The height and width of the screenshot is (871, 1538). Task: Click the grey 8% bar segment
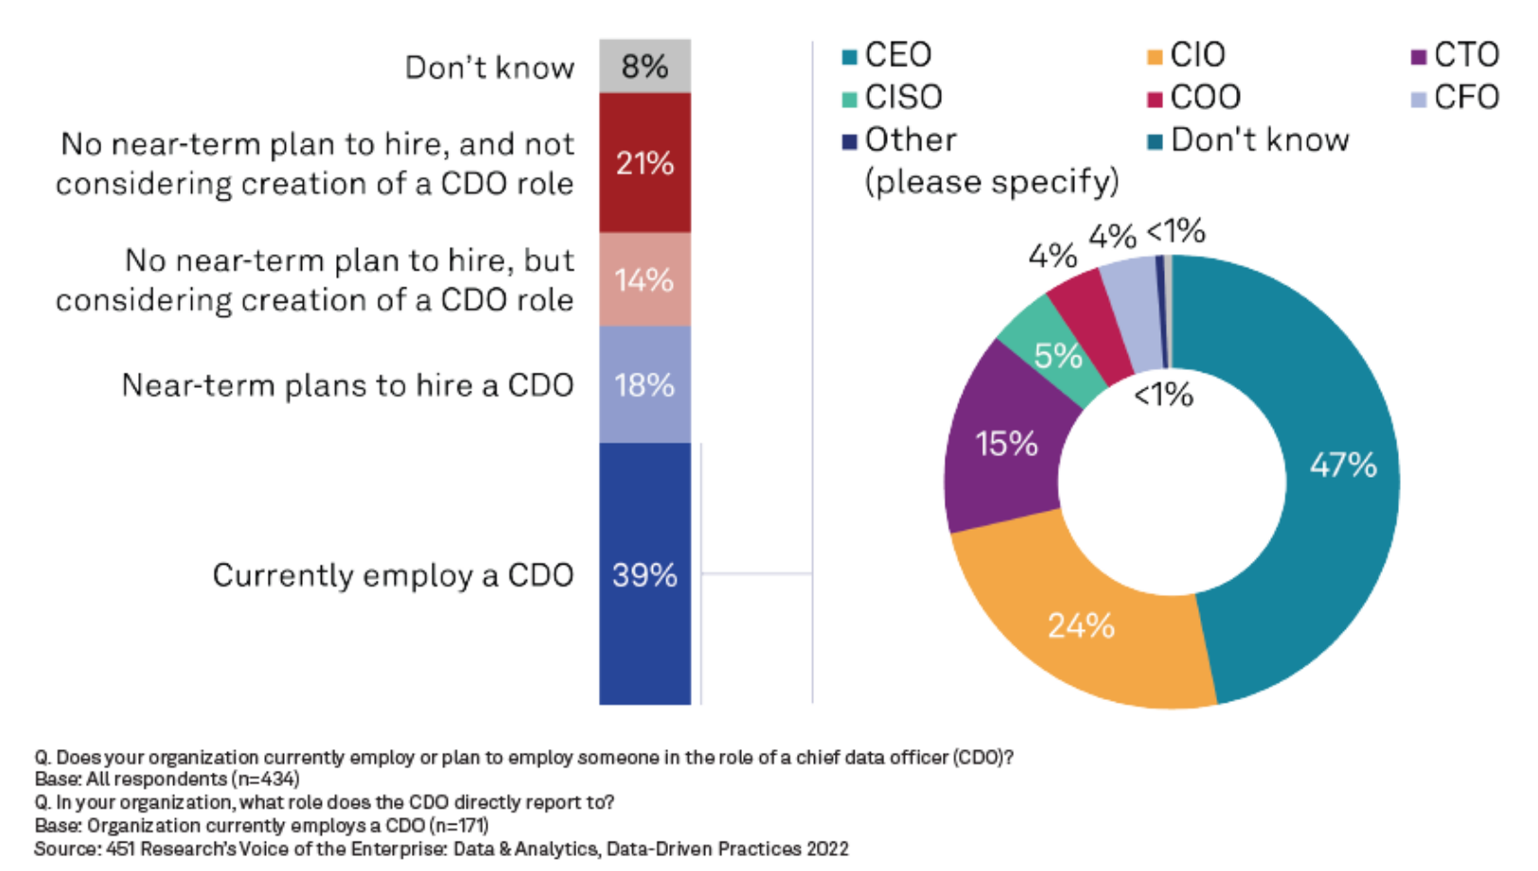pyautogui.click(x=645, y=66)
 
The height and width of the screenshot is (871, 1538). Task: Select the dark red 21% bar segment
pyautogui.click(x=645, y=163)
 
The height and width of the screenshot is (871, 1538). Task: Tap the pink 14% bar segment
pyautogui.click(x=645, y=280)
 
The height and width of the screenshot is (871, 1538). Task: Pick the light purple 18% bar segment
pyautogui.click(x=645, y=385)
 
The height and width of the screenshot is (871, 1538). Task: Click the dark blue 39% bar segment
pyautogui.click(x=645, y=574)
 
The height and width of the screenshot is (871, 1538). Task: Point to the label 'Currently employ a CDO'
pyautogui.click(x=393, y=575)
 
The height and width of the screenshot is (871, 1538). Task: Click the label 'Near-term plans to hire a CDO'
pyautogui.click(x=347, y=386)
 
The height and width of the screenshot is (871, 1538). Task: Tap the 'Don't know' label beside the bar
pyautogui.click(x=489, y=68)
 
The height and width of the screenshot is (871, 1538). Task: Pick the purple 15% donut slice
pyautogui.click(x=1006, y=444)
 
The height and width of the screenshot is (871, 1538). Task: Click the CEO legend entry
pyautogui.click(x=888, y=55)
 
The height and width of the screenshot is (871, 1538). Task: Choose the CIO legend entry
pyautogui.click(x=1187, y=55)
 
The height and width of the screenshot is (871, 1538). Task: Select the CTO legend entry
pyautogui.click(x=1456, y=55)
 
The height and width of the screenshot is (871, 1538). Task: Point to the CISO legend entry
pyautogui.click(x=893, y=97)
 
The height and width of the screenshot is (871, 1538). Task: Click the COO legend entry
pyautogui.click(x=1194, y=97)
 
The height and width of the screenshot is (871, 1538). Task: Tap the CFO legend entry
pyautogui.click(x=1456, y=97)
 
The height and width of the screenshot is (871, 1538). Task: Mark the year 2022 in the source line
pyautogui.click(x=827, y=849)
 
